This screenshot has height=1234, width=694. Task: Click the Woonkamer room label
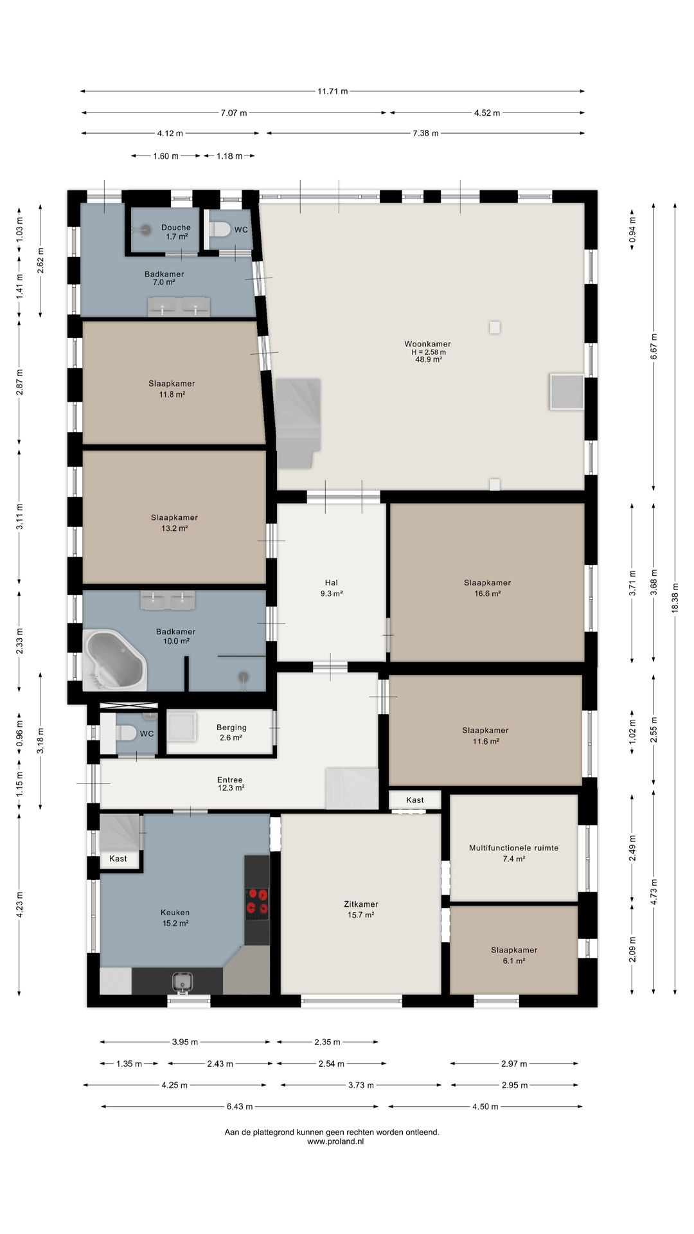427,344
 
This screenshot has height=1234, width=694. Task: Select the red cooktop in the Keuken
257,904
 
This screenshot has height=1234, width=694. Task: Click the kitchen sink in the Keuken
183,981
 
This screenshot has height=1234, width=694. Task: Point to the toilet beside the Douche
219,229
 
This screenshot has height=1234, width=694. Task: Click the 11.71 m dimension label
332,91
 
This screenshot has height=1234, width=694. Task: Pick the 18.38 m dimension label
675,598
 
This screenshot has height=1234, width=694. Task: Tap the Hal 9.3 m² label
332,588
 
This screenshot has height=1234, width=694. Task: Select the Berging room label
231,728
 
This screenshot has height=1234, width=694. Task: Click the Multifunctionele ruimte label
513,848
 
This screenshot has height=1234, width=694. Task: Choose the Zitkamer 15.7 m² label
361,909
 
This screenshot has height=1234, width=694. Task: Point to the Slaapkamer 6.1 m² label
514,955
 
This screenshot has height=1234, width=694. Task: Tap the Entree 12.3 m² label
230,783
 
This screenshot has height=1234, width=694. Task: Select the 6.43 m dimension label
240,1106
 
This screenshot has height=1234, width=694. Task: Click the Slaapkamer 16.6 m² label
488,588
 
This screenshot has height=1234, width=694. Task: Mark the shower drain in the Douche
146,229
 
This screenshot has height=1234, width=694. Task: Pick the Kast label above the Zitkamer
415,800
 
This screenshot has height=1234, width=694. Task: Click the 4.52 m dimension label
487,113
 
